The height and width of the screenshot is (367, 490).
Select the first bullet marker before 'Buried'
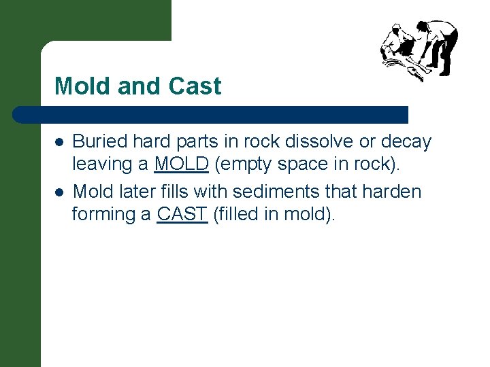point(59,142)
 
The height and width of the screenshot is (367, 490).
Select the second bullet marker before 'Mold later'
point(59,192)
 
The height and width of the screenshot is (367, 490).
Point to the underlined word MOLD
point(181,164)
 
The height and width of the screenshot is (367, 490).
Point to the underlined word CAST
point(182,214)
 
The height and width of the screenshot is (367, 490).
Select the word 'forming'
point(103,215)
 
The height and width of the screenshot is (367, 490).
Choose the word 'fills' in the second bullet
point(174,192)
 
